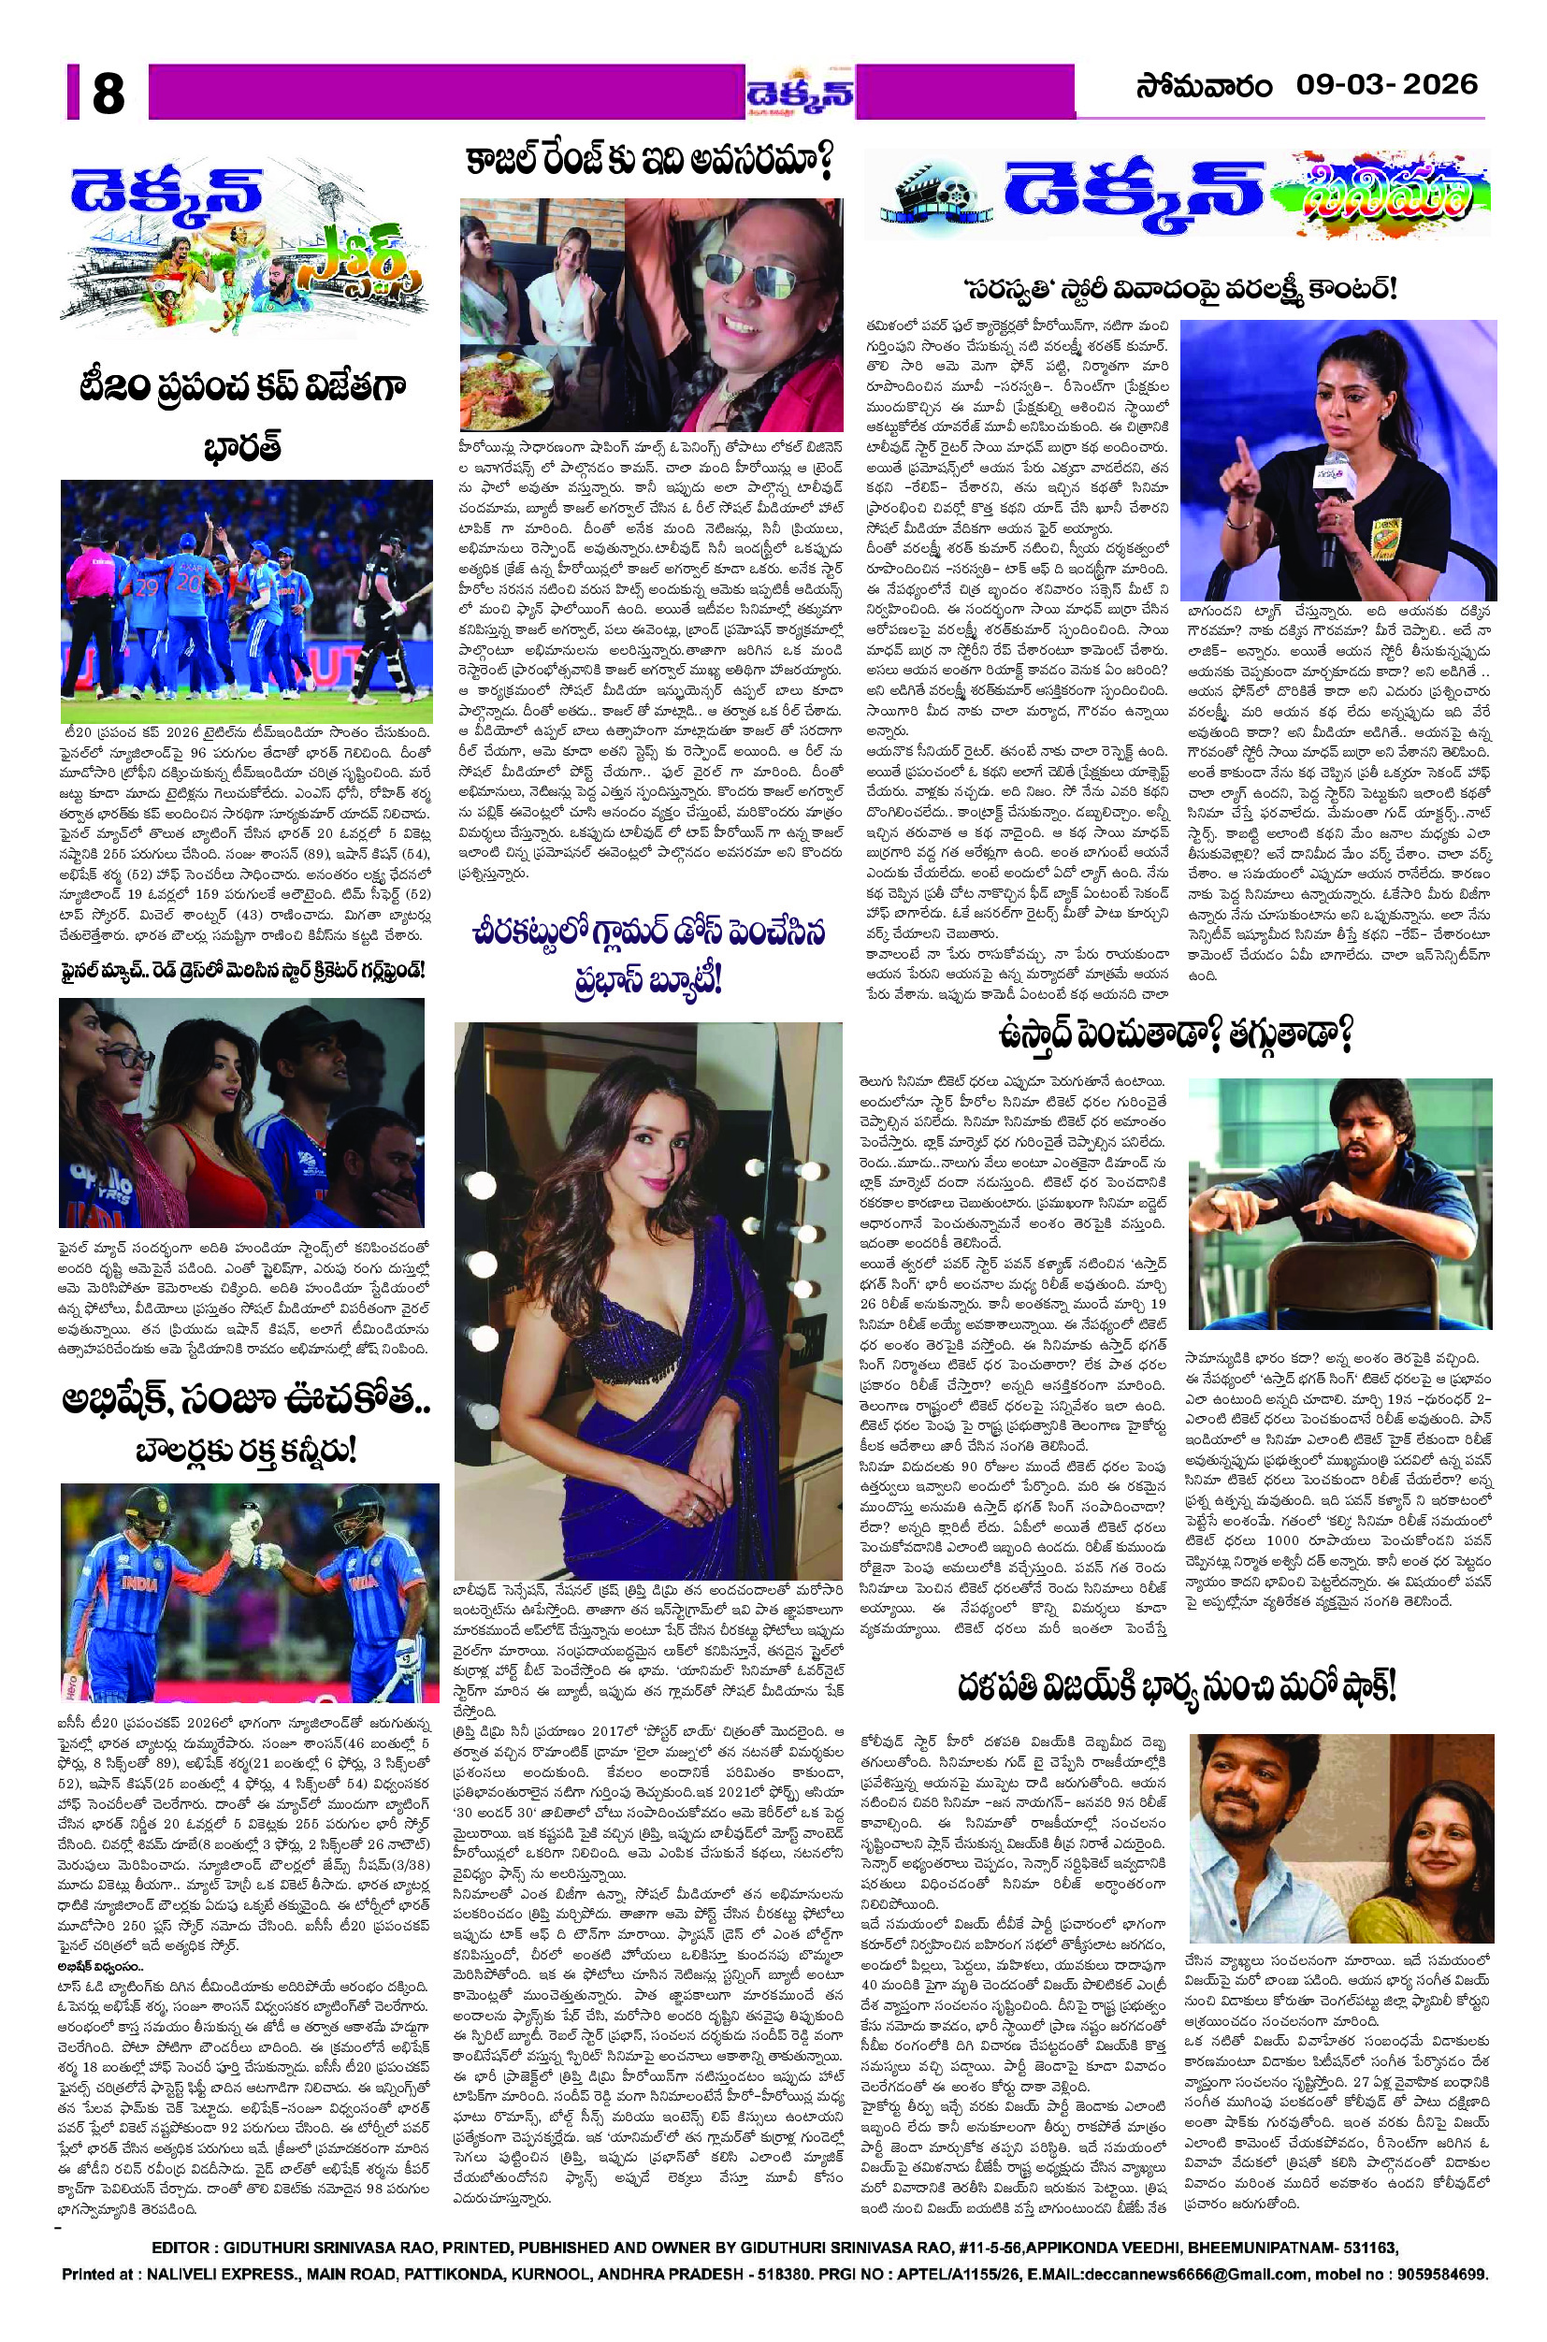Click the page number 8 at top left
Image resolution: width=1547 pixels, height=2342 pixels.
pos(107,95)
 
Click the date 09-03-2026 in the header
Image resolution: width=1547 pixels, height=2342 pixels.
pos(1386,85)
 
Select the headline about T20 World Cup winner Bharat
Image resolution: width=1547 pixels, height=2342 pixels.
pos(244,414)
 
